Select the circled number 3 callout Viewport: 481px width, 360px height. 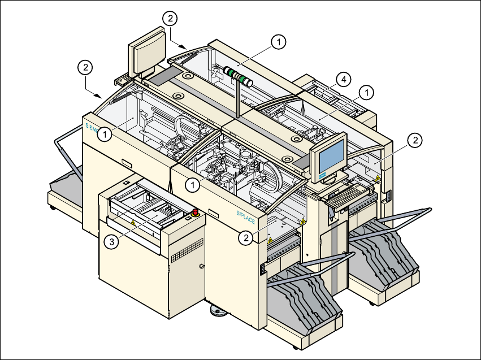[112, 241]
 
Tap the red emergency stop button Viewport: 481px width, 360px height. [196, 213]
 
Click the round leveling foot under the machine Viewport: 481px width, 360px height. [217, 310]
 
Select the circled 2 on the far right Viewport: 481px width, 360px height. [414, 140]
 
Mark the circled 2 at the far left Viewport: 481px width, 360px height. [84, 67]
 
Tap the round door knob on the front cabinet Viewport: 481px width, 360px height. [202, 266]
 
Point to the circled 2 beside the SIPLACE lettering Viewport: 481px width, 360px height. [245, 238]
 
